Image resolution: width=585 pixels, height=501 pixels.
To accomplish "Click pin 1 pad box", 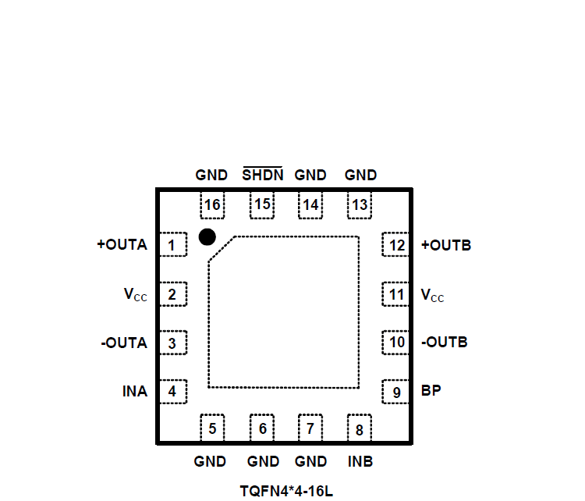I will point(173,246).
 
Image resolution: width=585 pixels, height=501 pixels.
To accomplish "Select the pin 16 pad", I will point(212,205).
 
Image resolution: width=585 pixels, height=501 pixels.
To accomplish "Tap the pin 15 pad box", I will point(262,205).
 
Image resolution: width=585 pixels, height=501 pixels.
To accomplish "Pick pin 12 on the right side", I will point(397,246).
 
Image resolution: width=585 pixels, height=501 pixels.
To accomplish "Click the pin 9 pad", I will point(397,392).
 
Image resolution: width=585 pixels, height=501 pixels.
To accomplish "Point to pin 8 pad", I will point(359,428).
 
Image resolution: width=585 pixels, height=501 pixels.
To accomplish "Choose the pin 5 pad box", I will point(212,428).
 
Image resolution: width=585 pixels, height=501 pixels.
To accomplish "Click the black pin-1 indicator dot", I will point(207,236).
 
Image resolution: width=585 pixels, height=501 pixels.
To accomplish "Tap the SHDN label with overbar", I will point(262,175).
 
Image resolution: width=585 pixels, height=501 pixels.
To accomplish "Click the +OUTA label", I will point(122,244).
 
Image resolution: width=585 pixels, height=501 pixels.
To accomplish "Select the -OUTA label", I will point(123,343).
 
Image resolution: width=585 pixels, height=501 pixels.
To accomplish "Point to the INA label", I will point(134,391).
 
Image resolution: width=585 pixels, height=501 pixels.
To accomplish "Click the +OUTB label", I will point(446,244).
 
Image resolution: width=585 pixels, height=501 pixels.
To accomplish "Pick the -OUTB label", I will point(445,343).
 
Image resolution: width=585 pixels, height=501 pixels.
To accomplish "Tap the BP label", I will point(431,391).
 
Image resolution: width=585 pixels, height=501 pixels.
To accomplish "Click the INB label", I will point(360,461).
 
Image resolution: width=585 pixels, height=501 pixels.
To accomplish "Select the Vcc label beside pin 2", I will point(135,294).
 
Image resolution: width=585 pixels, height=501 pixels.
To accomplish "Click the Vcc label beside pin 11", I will point(432,294).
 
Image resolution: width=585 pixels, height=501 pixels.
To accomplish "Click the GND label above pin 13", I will point(360,175).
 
